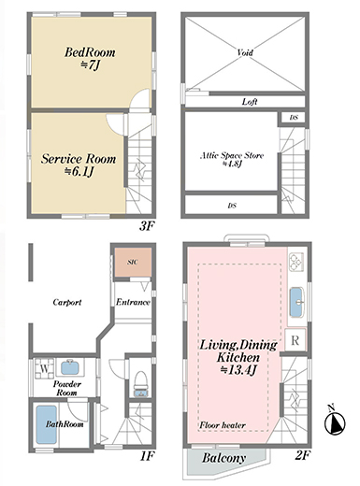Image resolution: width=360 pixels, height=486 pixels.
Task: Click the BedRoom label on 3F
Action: [90, 52]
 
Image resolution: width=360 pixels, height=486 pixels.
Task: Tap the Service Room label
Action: [79, 159]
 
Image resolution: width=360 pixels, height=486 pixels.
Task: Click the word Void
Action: [245, 52]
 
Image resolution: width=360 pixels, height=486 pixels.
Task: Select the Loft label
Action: [250, 102]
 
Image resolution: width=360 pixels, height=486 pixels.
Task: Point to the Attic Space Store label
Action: [232, 155]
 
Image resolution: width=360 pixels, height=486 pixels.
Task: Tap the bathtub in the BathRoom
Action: [47, 424]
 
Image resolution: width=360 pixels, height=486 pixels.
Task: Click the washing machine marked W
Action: [44, 368]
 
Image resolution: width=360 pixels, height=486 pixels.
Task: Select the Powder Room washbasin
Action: [72, 367]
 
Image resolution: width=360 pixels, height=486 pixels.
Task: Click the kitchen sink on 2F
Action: [296, 302]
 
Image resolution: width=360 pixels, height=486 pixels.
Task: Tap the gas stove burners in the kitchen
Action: [295, 262]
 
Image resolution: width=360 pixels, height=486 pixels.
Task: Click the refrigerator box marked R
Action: [295, 340]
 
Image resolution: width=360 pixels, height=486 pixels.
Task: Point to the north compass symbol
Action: [335, 422]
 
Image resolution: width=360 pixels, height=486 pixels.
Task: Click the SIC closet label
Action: [133, 262]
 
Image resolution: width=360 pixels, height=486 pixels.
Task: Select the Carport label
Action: [67, 302]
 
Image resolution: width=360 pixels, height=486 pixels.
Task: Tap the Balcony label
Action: [223, 458]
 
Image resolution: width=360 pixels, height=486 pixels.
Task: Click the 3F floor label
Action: [147, 226]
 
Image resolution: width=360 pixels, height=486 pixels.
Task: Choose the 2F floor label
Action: [303, 456]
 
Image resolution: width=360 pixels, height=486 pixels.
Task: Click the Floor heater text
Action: [223, 425]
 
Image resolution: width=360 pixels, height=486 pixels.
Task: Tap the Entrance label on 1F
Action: [133, 302]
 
